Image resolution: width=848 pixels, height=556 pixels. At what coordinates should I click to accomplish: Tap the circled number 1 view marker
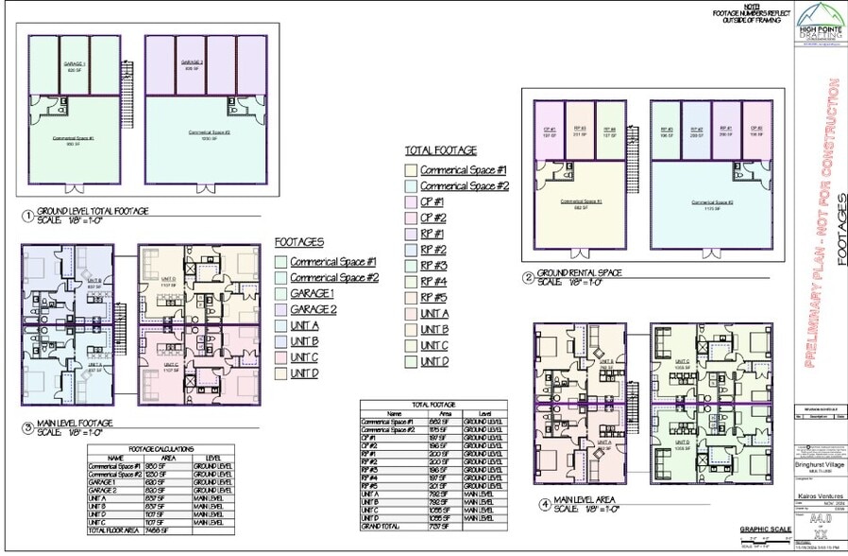(x=27, y=216)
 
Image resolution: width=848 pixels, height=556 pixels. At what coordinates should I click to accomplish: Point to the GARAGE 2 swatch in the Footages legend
(x=280, y=310)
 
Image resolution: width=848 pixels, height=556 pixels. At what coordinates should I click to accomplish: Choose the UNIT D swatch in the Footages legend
(x=280, y=374)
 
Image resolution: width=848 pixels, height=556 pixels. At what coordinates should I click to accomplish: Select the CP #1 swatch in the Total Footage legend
(x=411, y=201)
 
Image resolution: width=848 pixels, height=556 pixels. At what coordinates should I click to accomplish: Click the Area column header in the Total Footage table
(x=447, y=414)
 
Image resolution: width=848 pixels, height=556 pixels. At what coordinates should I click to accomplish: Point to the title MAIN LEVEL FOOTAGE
(x=76, y=423)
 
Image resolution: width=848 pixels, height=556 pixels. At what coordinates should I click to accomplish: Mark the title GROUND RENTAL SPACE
(x=578, y=273)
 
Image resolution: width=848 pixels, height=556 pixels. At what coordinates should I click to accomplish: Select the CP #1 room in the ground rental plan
(x=548, y=132)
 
